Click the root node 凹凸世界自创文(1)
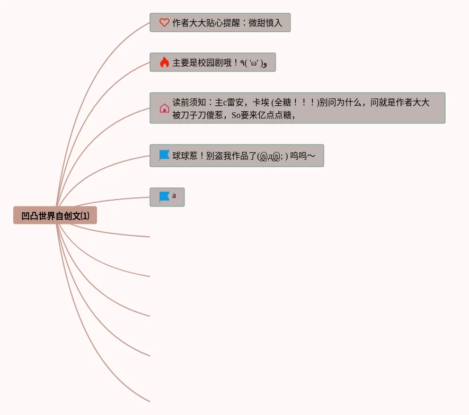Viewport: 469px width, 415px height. coord(55,216)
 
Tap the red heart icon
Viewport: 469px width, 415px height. coord(164,23)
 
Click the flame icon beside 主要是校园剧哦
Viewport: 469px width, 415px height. coord(164,62)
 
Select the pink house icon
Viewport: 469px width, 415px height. coord(164,108)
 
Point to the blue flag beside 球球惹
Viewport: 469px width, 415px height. coord(164,156)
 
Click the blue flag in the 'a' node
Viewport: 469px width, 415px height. coord(164,197)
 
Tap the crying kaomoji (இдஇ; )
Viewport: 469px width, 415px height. coord(272,156)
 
